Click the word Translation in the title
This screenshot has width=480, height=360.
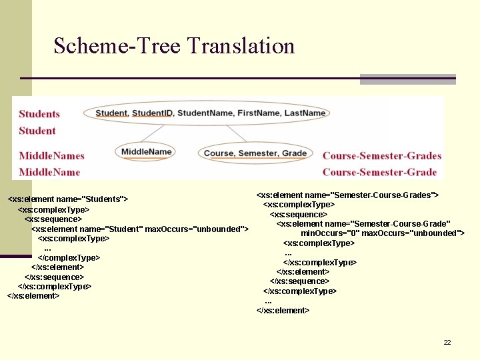coord(241,46)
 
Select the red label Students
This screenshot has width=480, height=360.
coord(39,114)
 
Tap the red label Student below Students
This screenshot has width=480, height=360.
coord(37,131)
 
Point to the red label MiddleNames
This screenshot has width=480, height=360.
coord(51,156)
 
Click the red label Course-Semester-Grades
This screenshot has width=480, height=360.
coord(382,156)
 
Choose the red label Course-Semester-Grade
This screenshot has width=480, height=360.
coord(379,172)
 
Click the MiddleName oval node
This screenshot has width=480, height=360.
coord(147,152)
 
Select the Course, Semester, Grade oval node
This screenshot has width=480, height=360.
coord(255,153)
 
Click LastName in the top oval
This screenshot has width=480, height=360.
coord(305,113)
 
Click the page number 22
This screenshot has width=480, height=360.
coord(447,342)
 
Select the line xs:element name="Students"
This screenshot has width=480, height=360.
coord(67,199)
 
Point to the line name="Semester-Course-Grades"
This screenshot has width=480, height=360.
coord(347,195)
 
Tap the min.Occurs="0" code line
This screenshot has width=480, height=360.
coord(382,233)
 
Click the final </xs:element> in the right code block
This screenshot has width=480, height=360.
coord(283,310)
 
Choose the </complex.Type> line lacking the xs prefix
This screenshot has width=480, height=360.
coord(69,257)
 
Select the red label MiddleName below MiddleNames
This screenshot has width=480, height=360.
coord(49,172)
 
